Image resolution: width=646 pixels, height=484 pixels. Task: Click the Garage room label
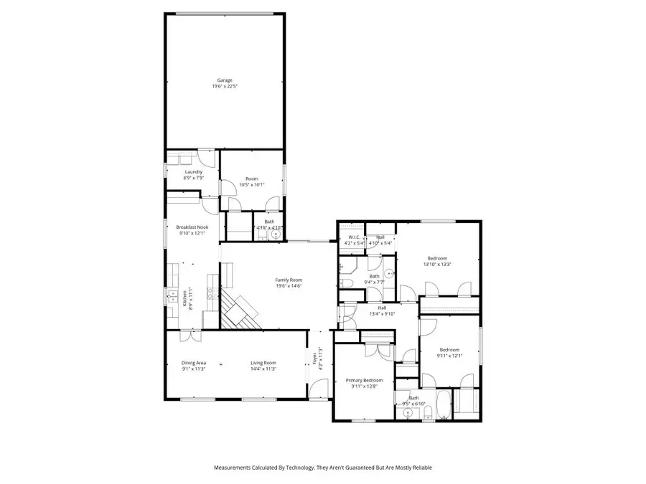click(x=225, y=80)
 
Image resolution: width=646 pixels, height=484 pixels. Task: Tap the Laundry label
click(x=193, y=172)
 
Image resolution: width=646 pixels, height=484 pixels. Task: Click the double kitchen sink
click(x=172, y=294)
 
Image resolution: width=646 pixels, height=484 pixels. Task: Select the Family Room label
click(x=289, y=280)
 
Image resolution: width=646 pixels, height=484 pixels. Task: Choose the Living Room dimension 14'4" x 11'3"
click(x=263, y=369)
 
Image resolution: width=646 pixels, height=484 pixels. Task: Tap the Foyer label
click(x=314, y=359)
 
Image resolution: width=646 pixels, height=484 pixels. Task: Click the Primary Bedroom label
click(x=364, y=380)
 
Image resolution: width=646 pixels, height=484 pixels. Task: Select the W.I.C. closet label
click(x=354, y=237)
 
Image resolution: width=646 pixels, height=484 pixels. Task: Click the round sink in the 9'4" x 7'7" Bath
click(x=388, y=273)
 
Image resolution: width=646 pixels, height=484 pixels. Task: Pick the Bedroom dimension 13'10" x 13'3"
click(x=437, y=265)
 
